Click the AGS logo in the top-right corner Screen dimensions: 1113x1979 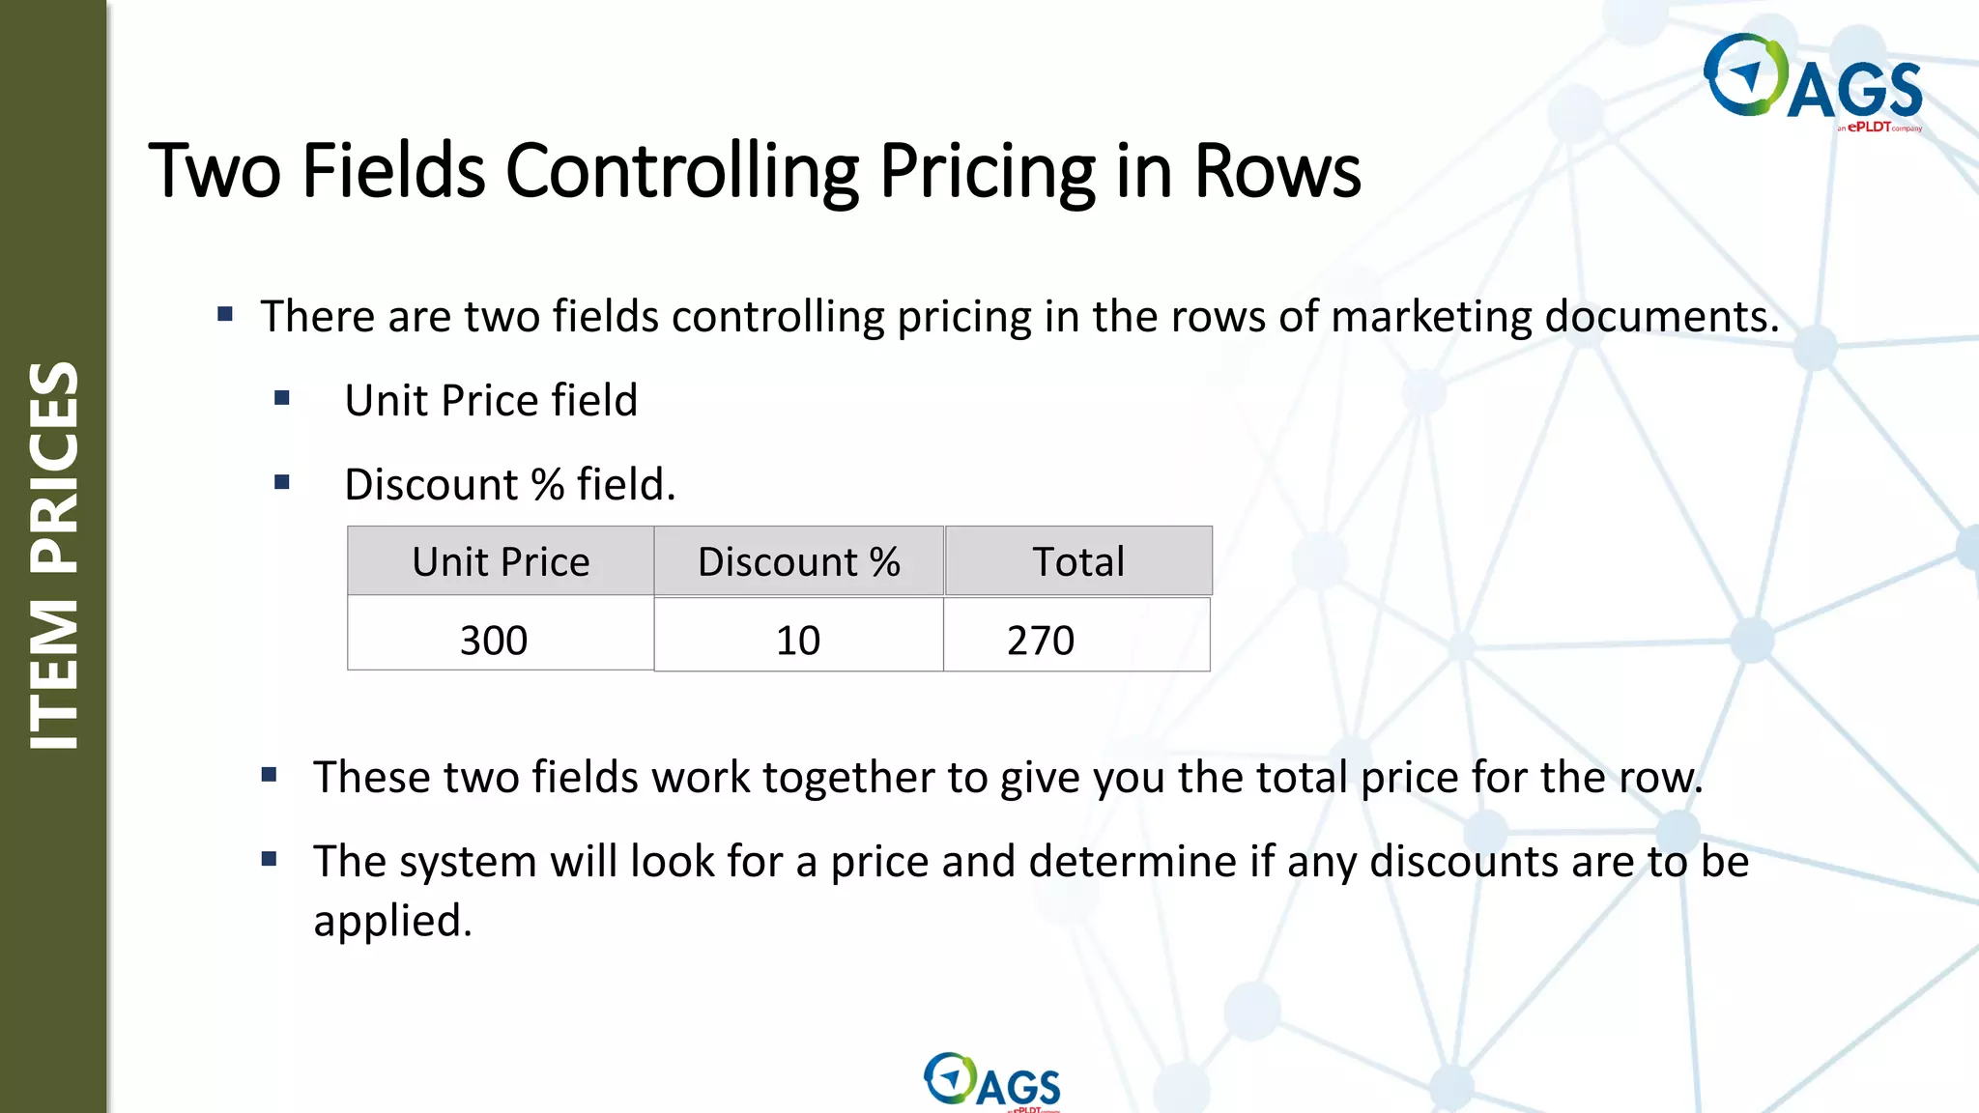1813,81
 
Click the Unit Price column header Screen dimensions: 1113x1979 501,561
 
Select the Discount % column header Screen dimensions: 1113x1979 798,561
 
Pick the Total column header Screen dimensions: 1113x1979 1078,561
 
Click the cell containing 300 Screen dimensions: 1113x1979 495,640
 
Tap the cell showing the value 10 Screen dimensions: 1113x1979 798,640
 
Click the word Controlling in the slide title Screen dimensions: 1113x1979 681,172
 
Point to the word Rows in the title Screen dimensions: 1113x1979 1277,172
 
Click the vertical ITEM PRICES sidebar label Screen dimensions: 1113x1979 54,555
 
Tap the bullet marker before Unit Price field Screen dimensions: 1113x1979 282,398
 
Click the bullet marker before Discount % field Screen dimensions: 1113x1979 282,482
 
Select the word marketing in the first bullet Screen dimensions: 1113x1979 1430,317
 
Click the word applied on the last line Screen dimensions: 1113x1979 392,921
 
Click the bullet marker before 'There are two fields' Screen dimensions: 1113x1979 225,314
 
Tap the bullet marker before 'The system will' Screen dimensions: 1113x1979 270,859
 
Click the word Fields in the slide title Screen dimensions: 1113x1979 393,172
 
